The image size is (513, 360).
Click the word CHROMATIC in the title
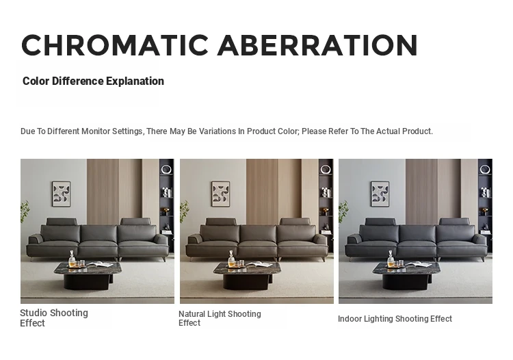[115, 45]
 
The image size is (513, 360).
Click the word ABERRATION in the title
[317, 45]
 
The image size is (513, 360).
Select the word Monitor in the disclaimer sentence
[96, 131]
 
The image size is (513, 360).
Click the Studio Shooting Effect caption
[54, 318]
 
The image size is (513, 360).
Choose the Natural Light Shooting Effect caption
[220, 318]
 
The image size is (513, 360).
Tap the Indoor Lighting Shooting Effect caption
[395, 319]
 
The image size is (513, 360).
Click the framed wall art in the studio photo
[61, 194]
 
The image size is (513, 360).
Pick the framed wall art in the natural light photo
[220, 194]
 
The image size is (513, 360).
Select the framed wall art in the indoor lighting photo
[380, 194]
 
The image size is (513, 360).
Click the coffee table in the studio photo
[88, 276]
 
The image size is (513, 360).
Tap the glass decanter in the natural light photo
[231, 259]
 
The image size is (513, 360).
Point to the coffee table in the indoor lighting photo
[406, 276]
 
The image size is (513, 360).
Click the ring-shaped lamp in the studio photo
[166, 170]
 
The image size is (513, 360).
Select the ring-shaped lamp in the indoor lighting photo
[485, 170]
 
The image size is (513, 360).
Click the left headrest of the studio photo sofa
[62, 222]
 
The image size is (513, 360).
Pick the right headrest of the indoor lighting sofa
[454, 222]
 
